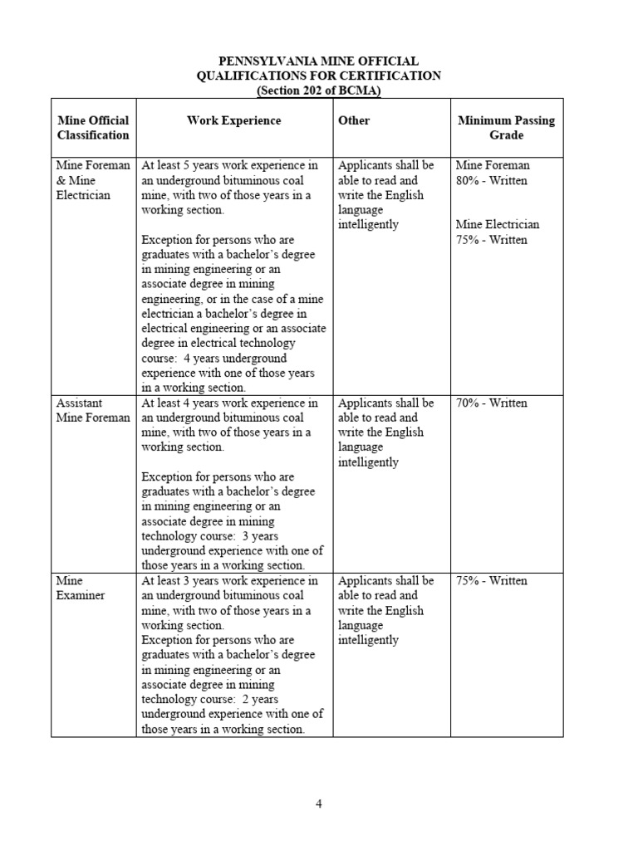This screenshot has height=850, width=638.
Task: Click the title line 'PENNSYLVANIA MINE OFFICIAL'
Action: tap(319, 61)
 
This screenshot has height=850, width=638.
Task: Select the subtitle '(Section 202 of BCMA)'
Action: tap(319, 90)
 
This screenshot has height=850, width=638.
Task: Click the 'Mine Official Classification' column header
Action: tap(93, 127)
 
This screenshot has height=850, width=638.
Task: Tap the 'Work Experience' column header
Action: tap(233, 120)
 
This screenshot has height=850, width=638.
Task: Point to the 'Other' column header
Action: tap(354, 120)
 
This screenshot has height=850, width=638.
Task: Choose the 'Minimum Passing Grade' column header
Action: tap(506, 127)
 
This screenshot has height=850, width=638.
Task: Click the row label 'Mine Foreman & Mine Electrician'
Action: tap(93, 180)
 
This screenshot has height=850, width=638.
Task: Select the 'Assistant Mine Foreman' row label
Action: tap(93, 410)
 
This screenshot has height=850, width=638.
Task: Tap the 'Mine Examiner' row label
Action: tap(81, 588)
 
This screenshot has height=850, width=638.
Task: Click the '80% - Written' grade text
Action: tap(492, 180)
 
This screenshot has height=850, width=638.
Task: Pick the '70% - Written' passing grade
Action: tap(492, 403)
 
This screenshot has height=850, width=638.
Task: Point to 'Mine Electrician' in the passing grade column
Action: tap(498, 225)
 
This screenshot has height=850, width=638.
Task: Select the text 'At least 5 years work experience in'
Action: tap(230, 165)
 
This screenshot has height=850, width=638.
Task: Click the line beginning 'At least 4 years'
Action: tap(230, 403)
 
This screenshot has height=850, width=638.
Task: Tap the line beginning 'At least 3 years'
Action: tap(230, 580)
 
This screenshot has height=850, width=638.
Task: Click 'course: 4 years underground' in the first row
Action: tap(214, 358)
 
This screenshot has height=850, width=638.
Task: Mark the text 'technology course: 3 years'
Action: tap(211, 535)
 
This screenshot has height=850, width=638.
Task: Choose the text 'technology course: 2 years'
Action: tap(211, 699)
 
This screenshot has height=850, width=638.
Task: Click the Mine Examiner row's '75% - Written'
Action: tap(492, 580)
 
